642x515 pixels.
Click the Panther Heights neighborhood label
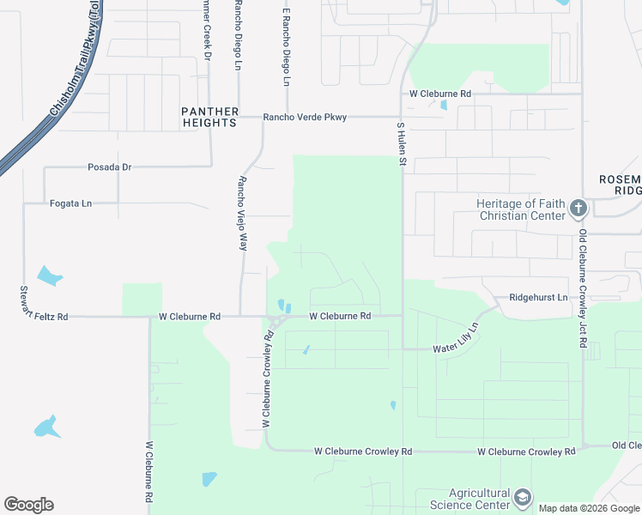[x=209, y=117]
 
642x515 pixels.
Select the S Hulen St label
[x=400, y=142]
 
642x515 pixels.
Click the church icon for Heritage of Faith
[x=578, y=209]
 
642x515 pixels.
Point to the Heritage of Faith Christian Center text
[x=521, y=209]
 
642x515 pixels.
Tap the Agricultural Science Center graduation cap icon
[x=522, y=497]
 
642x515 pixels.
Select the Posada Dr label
[x=109, y=167]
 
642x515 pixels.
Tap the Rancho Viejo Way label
[x=242, y=213]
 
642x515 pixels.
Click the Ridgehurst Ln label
[x=538, y=297]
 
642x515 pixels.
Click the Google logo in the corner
[x=28, y=505]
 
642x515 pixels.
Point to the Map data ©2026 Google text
[x=589, y=508]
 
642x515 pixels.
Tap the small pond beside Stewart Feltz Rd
[x=50, y=276]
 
